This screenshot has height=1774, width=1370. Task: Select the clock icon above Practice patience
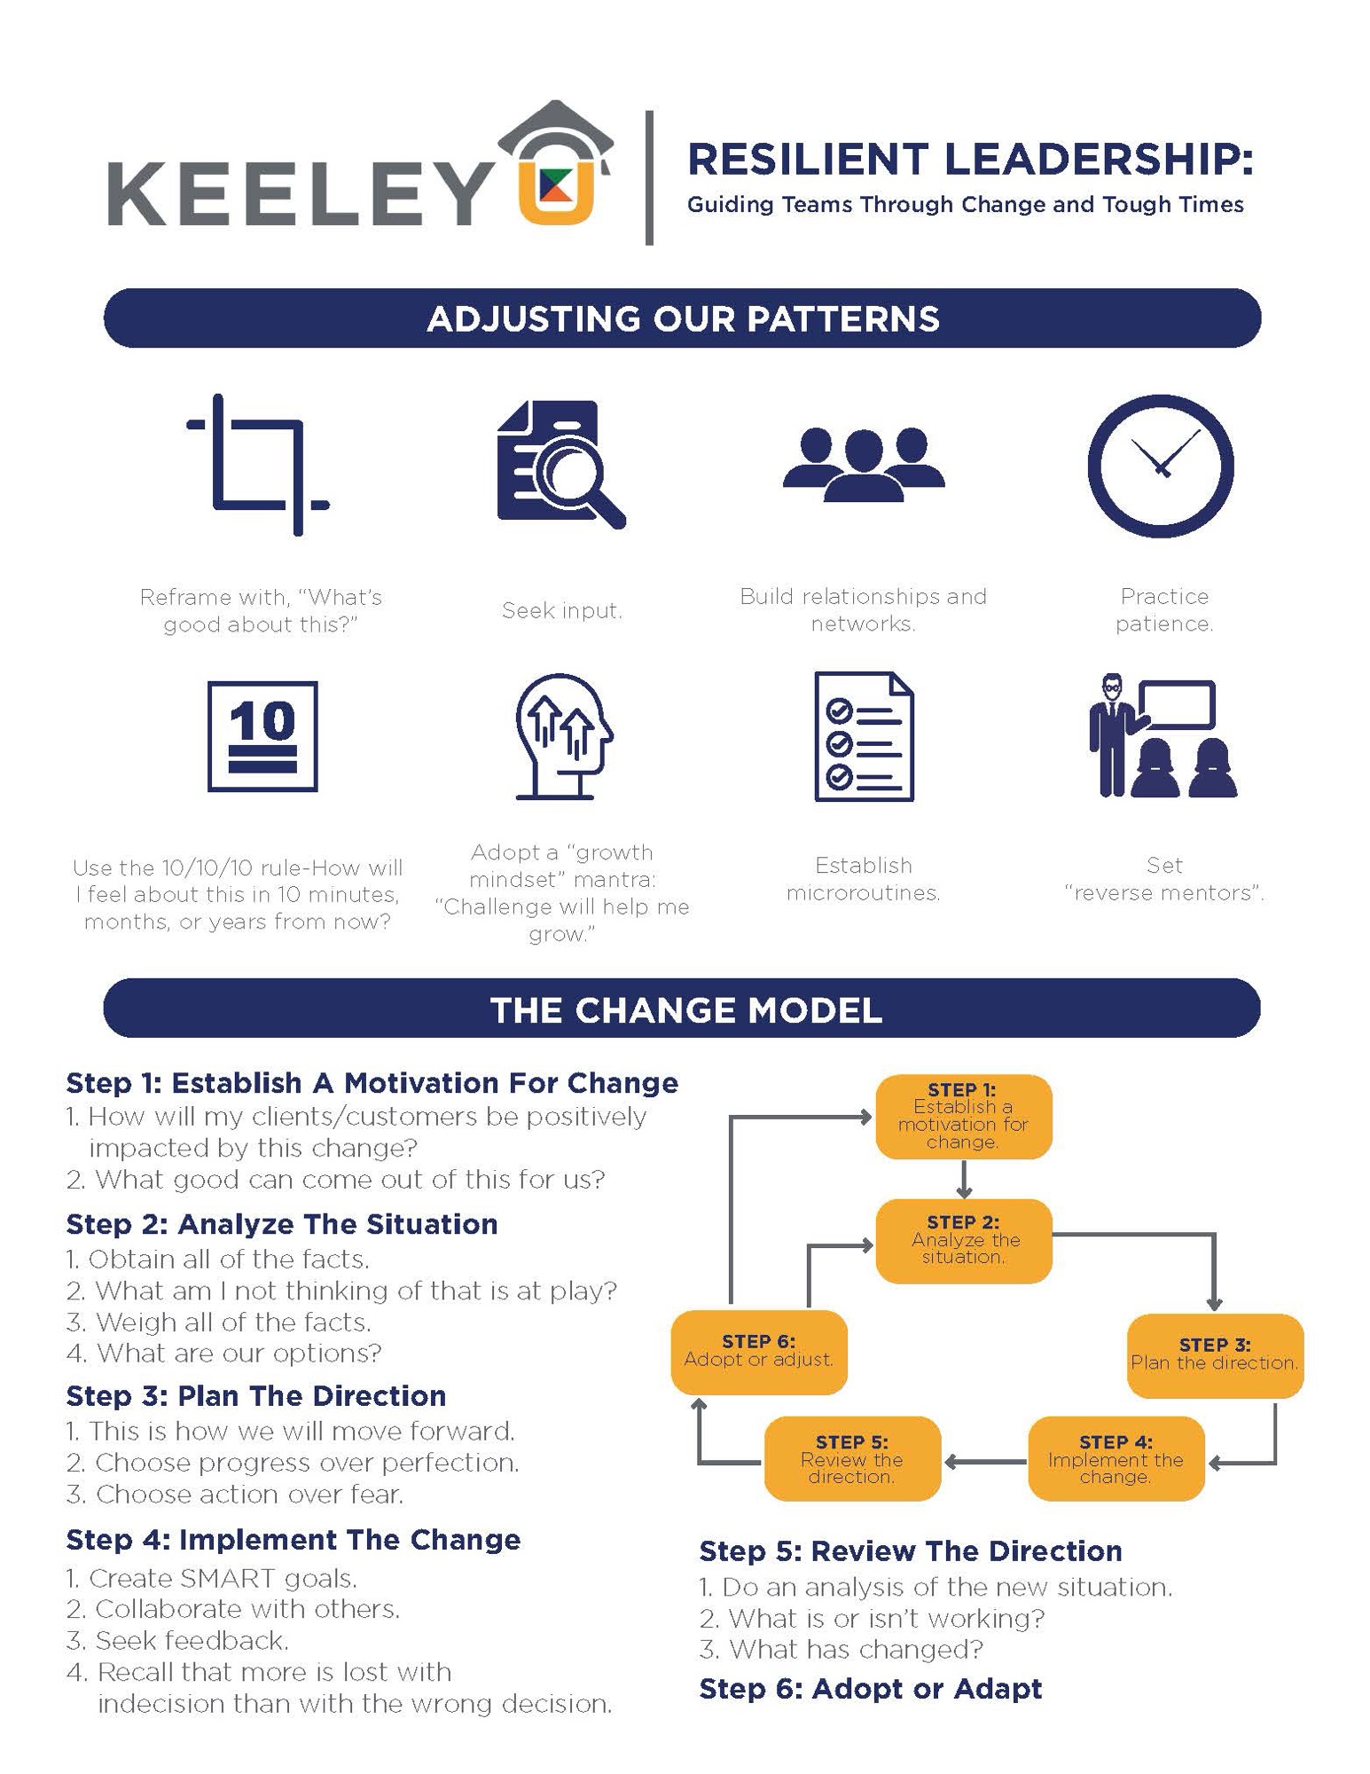[1160, 466]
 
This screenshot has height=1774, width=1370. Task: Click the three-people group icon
[863, 464]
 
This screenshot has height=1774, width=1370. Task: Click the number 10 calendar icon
[262, 735]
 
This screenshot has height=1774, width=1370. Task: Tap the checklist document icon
[864, 736]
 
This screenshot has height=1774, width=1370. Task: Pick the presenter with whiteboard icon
[1163, 737]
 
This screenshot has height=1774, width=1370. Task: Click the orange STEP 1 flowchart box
[963, 1117]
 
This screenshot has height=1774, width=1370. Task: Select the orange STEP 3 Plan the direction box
[1214, 1354]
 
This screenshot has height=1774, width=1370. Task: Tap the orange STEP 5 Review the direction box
[851, 1458]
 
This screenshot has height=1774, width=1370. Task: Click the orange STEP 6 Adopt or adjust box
[759, 1351]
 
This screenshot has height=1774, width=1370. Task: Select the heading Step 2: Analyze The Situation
[282, 1224]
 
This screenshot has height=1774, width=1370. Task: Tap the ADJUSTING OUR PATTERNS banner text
[682, 318]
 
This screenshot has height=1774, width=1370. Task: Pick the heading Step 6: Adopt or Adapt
[870, 1688]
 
